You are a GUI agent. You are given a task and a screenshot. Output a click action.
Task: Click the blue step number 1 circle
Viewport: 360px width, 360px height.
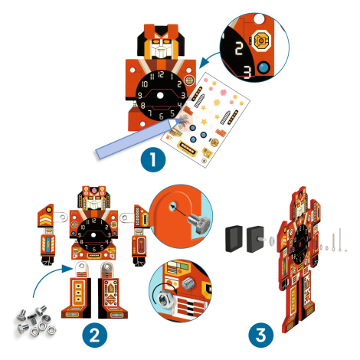click(153, 159)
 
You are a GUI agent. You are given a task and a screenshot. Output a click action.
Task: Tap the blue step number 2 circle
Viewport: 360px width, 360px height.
click(95, 335)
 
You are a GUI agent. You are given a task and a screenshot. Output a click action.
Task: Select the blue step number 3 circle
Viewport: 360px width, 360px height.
click(260, 335)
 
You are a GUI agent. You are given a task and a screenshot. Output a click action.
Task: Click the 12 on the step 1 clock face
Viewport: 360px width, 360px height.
click(161, 74)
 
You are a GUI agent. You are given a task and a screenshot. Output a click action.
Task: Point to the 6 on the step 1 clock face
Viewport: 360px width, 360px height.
click(161, 116)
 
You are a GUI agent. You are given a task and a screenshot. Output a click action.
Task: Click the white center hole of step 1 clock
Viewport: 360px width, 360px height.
click(160, 96)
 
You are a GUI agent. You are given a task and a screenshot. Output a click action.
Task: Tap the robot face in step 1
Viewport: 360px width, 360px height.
click(161, 48)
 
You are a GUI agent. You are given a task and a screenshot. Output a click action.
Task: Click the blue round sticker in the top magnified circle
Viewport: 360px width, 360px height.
click(263, 67)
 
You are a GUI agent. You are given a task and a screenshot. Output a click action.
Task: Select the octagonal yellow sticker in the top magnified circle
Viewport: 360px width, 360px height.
click(261, 41)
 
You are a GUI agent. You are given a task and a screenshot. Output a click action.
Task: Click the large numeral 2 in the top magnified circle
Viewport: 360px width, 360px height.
click(239, 48)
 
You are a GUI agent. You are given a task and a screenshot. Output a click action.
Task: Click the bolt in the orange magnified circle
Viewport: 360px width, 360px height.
click(198, 224)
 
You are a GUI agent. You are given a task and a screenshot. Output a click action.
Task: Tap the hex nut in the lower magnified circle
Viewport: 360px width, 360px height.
click(164, 299)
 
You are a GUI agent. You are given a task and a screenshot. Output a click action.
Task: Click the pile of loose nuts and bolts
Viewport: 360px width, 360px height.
click(36, 321)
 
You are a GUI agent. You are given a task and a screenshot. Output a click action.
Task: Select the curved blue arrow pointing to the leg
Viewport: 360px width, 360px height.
click(50, 277)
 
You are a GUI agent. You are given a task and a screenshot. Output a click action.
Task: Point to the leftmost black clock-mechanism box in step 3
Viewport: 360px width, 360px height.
click(234, 239)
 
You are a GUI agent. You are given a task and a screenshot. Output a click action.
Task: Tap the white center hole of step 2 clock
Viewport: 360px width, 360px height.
click(93, 235)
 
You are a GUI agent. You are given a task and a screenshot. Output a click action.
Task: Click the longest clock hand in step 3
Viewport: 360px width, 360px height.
click(340, 239)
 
